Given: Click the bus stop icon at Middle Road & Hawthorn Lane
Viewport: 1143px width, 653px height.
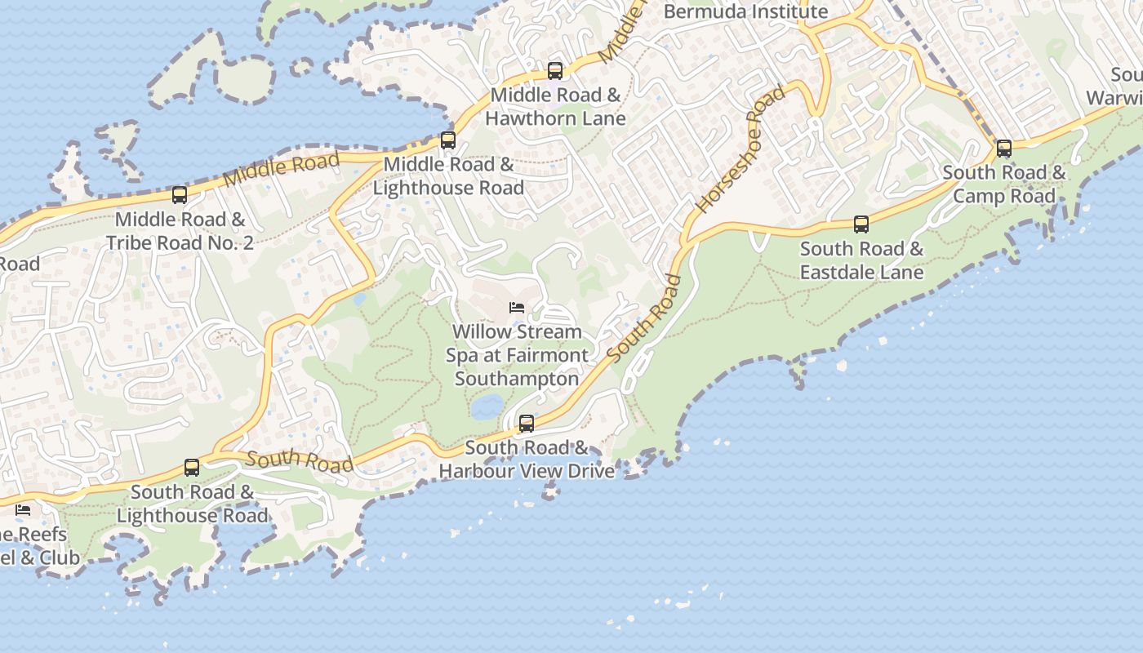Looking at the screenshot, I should pos(555,71).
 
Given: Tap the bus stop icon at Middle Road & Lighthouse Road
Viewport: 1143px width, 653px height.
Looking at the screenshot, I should pos(447,140).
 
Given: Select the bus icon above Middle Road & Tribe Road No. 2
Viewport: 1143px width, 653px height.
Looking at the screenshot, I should pos(180,195).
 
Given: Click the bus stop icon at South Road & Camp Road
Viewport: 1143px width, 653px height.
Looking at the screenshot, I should pos(1004,149).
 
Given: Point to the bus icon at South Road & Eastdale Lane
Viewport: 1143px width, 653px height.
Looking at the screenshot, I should pos(861,224).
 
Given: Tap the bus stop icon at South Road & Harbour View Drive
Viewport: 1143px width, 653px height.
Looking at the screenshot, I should pos(527,424).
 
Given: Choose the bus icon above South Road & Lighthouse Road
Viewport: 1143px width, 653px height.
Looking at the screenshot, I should pos(192,468).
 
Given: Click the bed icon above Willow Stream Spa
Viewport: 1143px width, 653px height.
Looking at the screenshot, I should pos(517,308).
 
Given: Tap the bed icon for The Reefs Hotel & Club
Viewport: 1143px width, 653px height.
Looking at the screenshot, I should pos(23,510).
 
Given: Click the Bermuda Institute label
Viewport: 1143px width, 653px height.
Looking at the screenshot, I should pos(745,11).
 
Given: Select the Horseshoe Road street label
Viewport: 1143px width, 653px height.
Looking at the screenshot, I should pos(741,149).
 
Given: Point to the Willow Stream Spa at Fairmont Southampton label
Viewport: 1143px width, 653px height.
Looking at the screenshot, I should pos(517,355).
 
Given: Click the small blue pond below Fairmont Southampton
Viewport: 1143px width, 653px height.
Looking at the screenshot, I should pos(487,406).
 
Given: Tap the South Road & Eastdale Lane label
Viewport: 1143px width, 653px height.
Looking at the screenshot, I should pos(861,260).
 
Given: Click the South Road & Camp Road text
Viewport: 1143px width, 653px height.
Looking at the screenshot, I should pos(1004,184).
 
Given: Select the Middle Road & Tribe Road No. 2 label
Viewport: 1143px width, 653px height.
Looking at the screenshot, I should pos(180,231).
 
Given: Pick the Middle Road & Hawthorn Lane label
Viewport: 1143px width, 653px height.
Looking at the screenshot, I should pos(555,107).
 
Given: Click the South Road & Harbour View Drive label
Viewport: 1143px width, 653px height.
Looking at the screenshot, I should pos(527,460).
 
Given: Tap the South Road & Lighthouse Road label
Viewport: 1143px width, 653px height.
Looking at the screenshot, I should pos(192,504).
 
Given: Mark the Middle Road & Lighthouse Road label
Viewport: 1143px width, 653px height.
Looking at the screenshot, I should pos(448,176).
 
